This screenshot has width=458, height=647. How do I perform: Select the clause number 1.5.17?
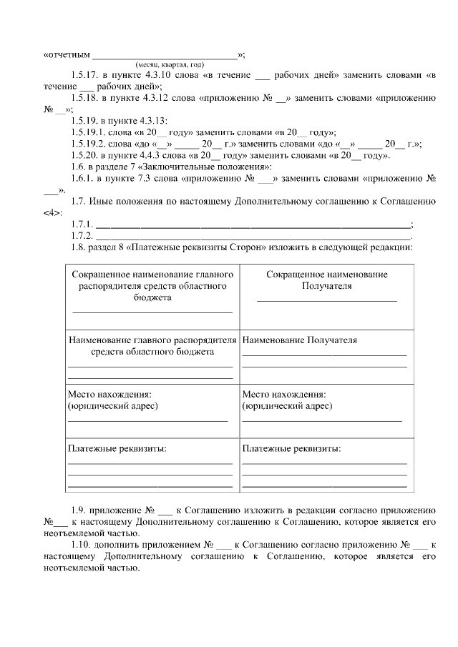pos(85,74)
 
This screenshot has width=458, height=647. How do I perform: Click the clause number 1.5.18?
pos(85,99)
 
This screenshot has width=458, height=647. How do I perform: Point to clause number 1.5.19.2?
pos(89,143)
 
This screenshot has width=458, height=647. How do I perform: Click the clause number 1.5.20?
pos(85,154)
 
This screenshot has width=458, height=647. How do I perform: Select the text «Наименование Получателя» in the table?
pos(300,340)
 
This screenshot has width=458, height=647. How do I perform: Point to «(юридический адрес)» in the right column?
pos(287,405)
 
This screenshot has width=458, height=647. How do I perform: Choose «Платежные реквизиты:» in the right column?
pos(291,449)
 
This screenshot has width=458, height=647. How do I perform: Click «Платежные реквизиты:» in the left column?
pos(117,449)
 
